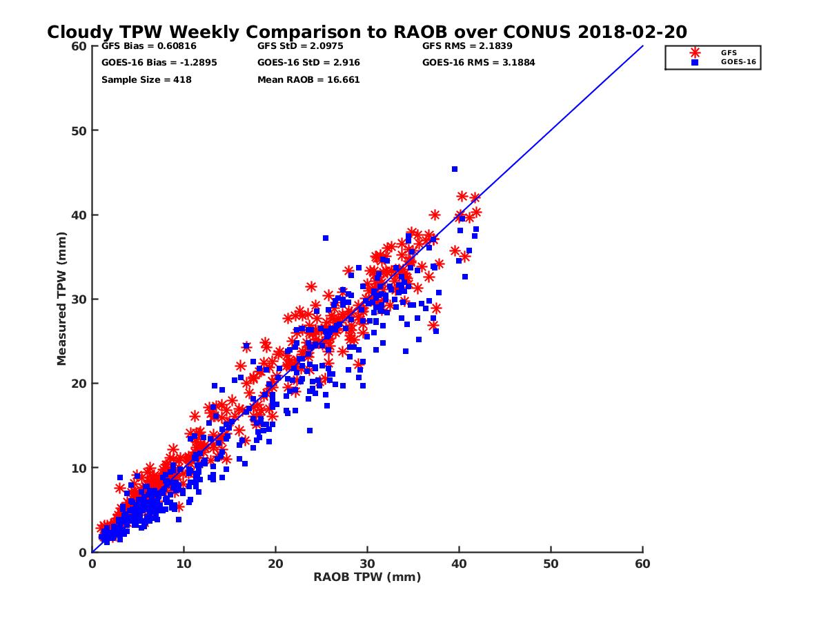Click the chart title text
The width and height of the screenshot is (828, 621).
click(x=367, y=32)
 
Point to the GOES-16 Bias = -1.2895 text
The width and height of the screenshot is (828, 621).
click(x=149, y=63)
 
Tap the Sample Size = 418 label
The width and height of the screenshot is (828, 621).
click(x=146, y=79)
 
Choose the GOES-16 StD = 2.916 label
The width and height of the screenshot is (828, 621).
click(x=308, y=63)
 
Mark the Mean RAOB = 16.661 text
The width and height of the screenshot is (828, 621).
click(x=308, y=79)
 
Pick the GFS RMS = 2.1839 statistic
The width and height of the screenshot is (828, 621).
click(x=467, y=46)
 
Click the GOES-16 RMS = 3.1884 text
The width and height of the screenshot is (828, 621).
click(x=479, y=63)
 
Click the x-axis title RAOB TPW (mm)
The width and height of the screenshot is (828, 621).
click(x=367, y=577)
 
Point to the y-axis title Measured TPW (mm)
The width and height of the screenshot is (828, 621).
click(x=62, y=299)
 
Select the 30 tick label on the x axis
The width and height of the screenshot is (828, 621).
click(x=367, y=564)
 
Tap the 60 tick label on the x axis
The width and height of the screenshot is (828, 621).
click(x=642, y=564)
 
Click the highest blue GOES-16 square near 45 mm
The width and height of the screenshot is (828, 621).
click(x=455, y=169)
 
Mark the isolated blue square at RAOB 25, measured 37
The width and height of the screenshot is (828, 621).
click(x=326, y=238)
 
